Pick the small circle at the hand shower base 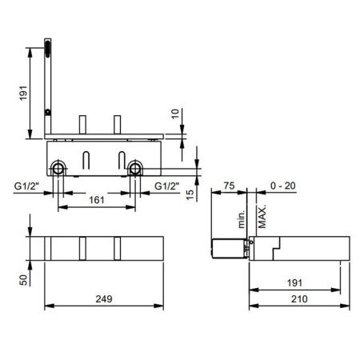click(x=48, y=112)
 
